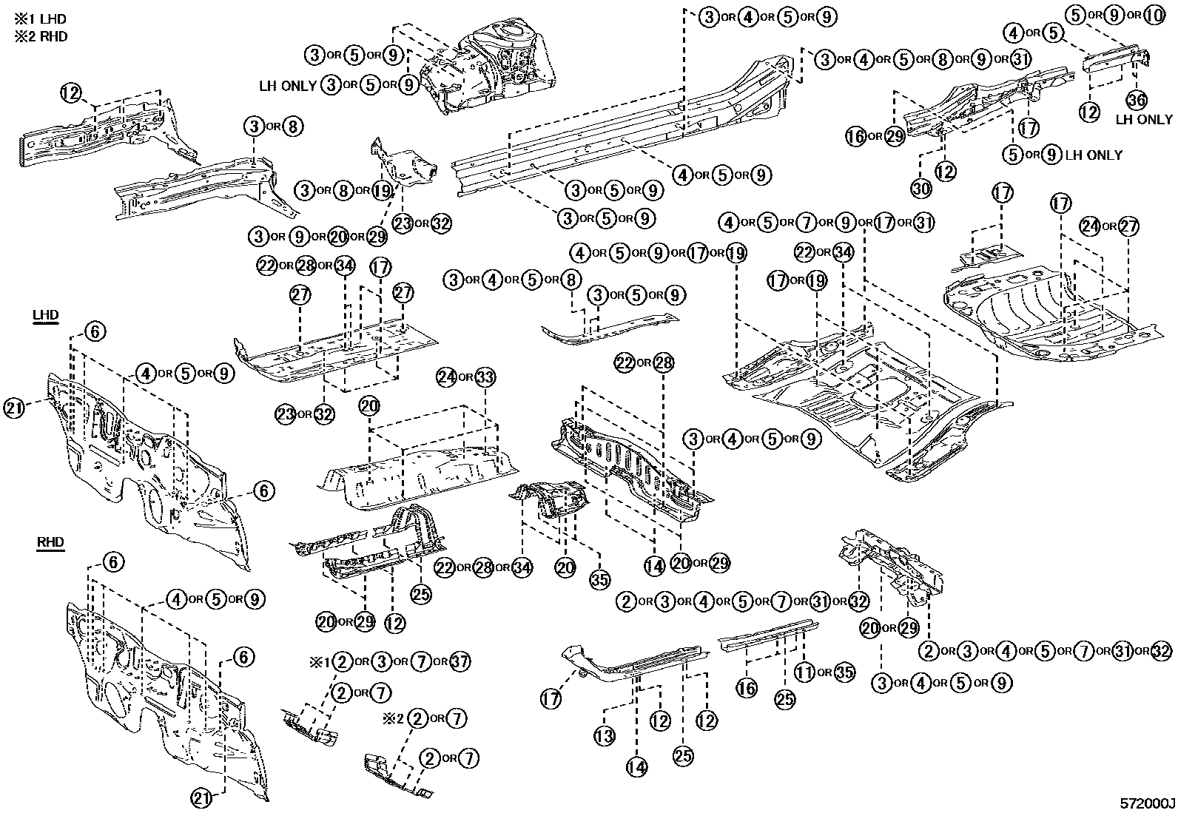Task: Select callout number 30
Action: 920,189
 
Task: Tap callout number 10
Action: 1154,14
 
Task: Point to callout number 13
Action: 605,736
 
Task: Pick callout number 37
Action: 460,661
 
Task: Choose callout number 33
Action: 485,377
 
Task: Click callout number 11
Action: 805,672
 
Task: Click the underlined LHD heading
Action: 46,314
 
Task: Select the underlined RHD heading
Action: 50,542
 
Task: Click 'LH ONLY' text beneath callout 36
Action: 1144,119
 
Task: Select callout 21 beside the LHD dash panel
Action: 14,408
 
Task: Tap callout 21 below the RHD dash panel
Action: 202,798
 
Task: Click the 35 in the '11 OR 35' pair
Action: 844,672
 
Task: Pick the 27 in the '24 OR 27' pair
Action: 1129,226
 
